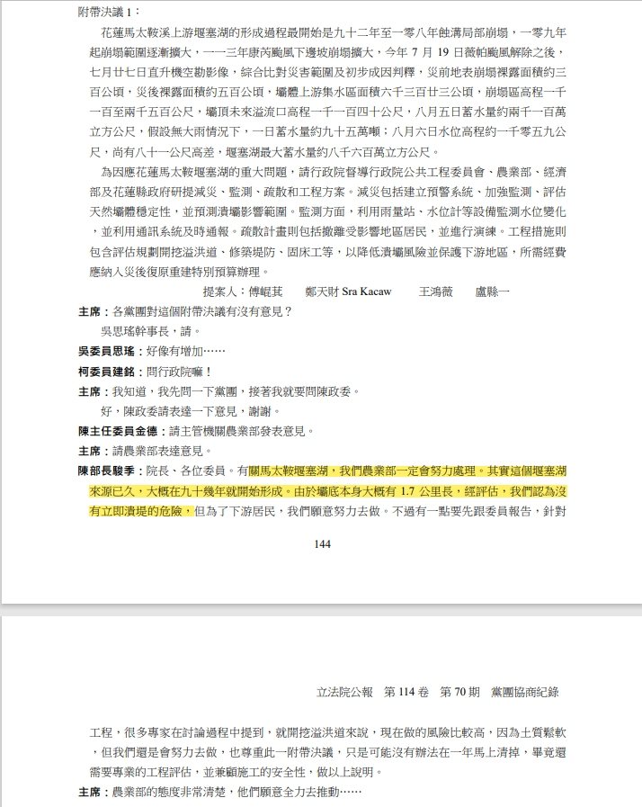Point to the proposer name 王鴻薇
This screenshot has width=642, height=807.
pos(440,292)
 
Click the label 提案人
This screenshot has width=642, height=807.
pos(219,292)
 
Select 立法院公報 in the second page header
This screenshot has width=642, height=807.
pos(347,693)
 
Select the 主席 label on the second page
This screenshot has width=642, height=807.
pos(92,793)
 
